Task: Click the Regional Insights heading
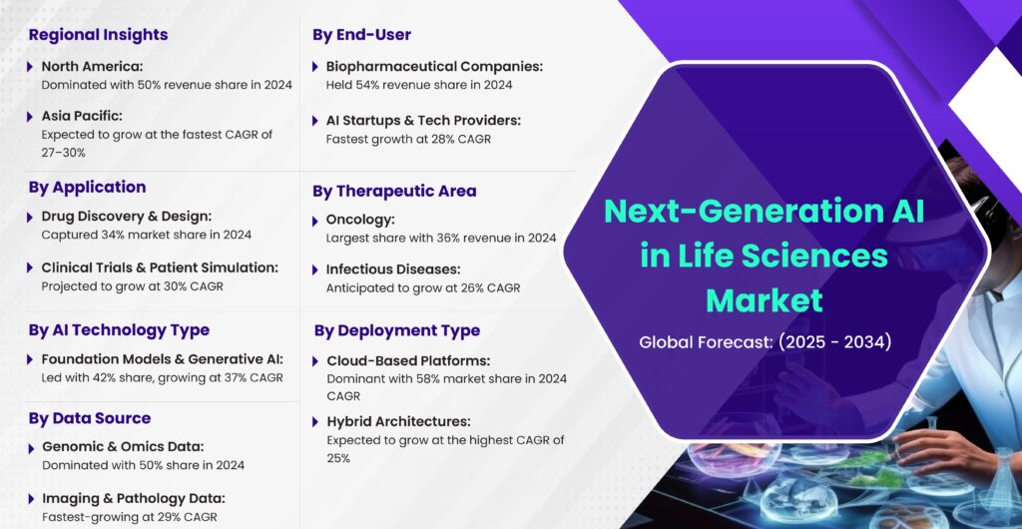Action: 98,35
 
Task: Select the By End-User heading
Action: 361,35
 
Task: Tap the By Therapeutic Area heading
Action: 394,191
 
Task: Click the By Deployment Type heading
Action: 397,330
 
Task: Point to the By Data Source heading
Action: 89,418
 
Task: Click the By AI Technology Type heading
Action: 119,330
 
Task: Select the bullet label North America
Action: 92,67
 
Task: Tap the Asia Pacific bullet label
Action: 82,116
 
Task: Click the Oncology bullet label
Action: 360,221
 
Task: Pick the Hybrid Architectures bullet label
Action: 398,421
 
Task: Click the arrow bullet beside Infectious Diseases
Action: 315,269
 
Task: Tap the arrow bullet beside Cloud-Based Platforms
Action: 315,361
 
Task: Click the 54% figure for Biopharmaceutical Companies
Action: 363,85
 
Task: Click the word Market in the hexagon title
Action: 765,300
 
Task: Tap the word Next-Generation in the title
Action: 730,212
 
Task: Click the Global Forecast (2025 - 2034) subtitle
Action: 766,342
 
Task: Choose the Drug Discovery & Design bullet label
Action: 127,217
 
